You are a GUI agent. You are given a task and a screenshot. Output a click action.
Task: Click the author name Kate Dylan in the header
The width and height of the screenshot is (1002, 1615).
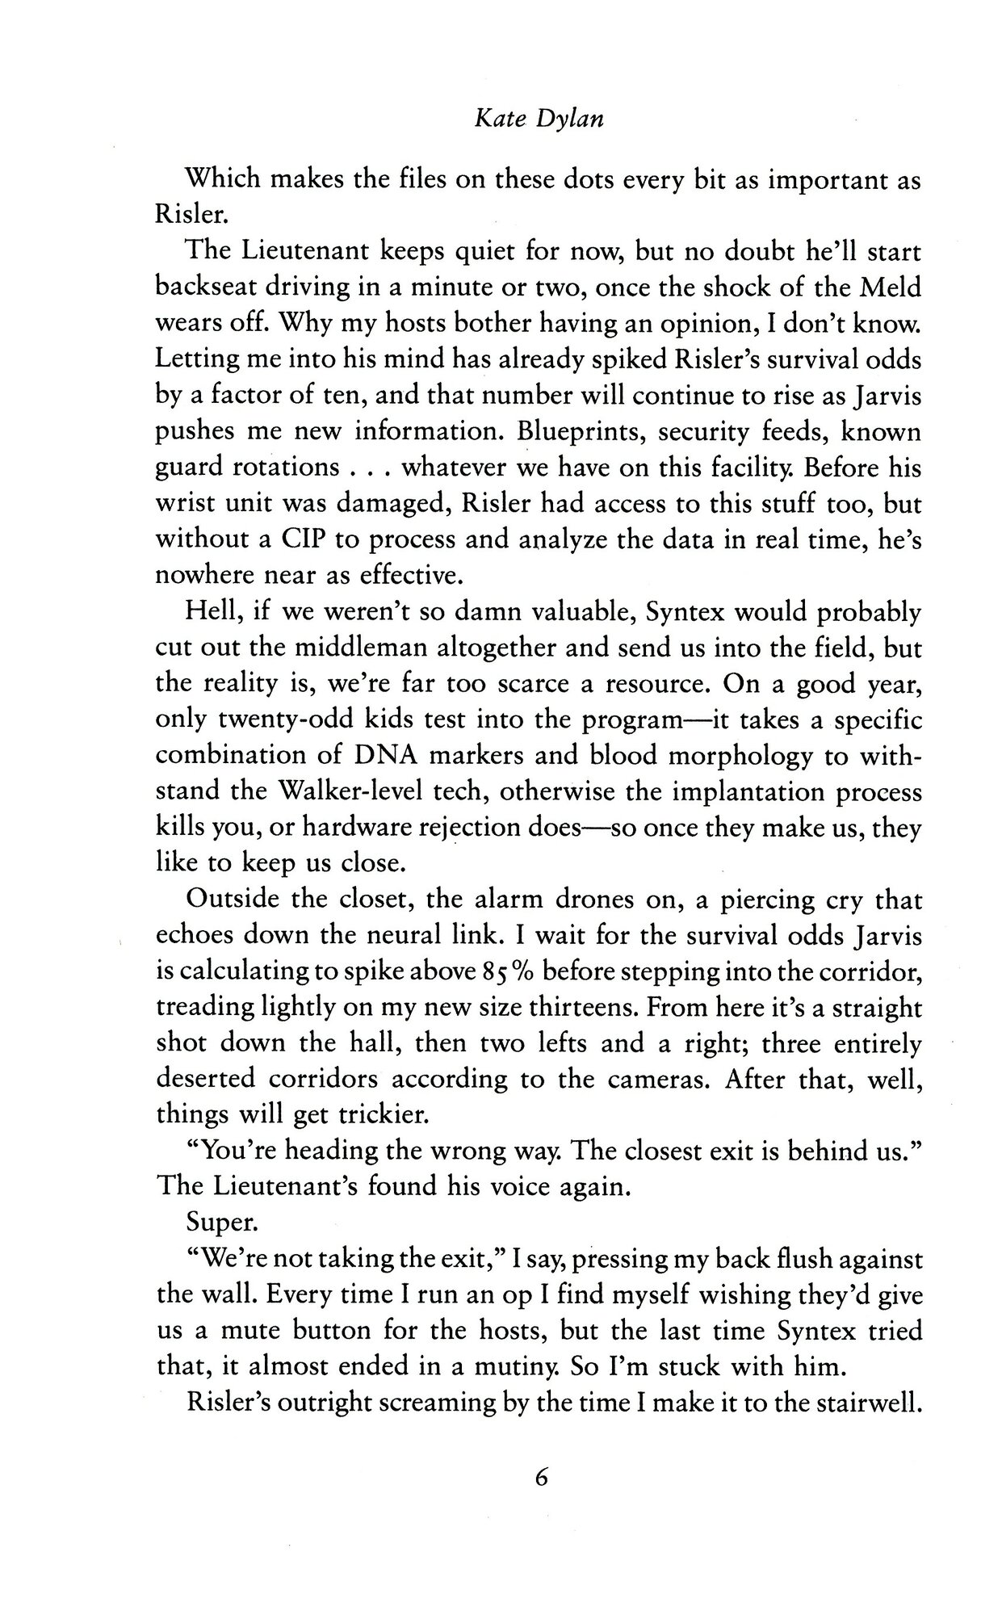tap(539, 120)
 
